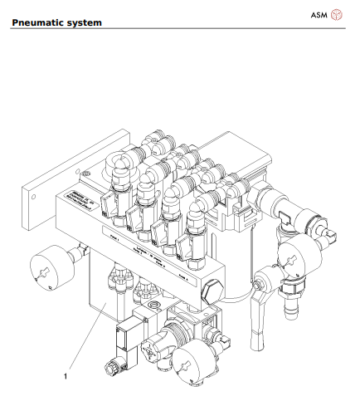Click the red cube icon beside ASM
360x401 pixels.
[x=336, y=15]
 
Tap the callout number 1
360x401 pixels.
[x=66, y=375]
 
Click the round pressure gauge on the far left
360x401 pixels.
[x=41, y=267]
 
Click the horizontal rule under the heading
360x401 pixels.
[x=179, y=28]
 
